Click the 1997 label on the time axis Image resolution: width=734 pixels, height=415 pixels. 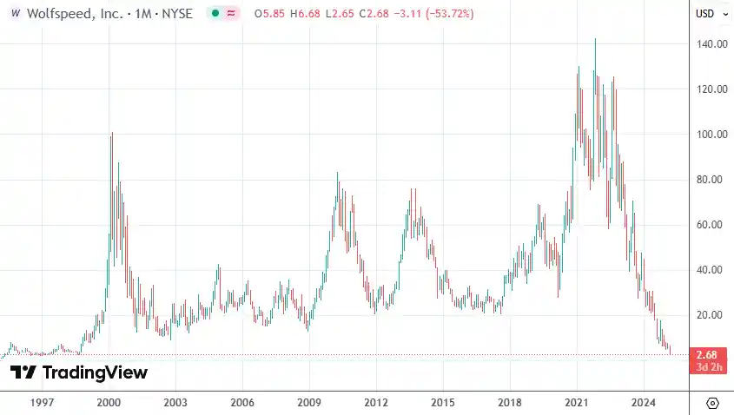pos(42,403)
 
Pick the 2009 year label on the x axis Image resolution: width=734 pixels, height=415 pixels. pos(309,403)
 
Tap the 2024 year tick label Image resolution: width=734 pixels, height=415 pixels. pos(644,403)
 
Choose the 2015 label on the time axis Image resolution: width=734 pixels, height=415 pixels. pos(443,403)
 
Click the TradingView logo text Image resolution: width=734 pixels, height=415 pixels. pos(78,372)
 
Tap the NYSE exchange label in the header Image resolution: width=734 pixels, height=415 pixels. pos(175,14)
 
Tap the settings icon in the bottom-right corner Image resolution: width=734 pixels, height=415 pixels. pos(712,403)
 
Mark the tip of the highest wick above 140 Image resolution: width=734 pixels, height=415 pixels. pos(595,38)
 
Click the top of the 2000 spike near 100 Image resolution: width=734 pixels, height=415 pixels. pos(111,133)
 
